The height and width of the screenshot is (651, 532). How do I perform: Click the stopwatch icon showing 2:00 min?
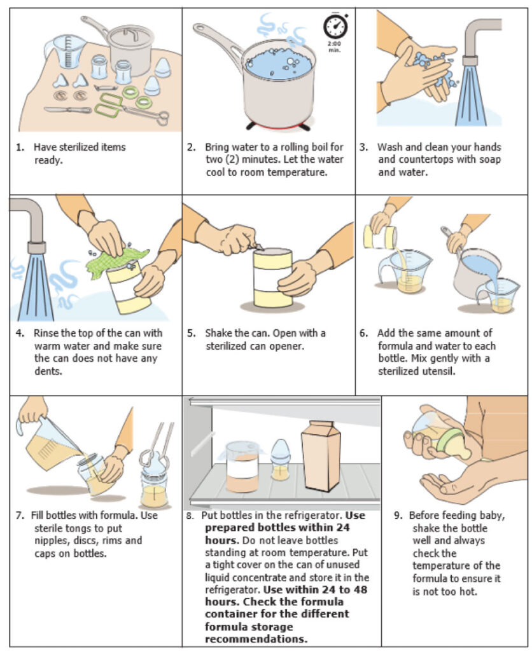(x=335, y=28)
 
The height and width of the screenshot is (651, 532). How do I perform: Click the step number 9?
(x=395, y=516)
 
